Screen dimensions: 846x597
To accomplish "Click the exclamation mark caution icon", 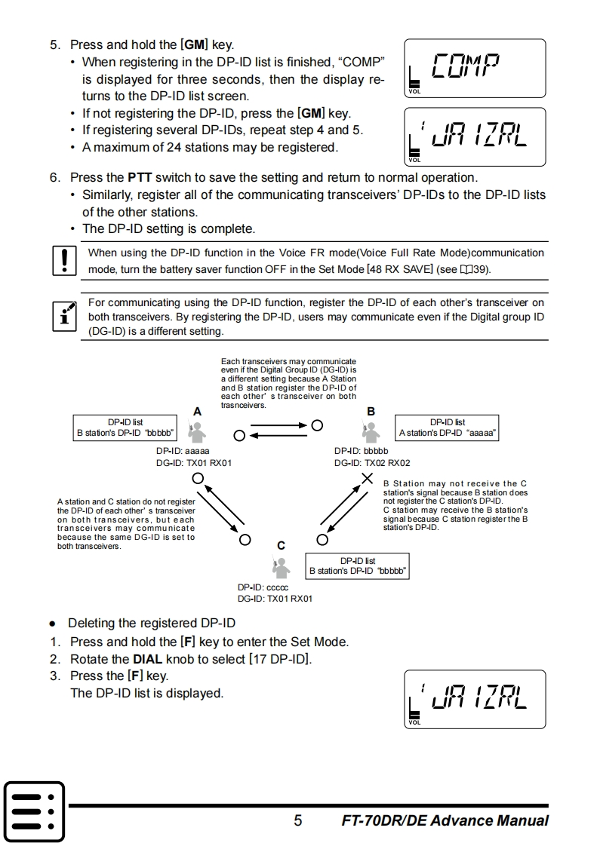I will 64,260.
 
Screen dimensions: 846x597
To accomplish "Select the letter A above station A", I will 197,412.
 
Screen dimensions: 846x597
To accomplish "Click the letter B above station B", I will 371,412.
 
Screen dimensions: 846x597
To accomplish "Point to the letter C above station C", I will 281,545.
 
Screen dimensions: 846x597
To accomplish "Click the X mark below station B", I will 368,478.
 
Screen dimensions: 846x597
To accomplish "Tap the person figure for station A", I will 197,431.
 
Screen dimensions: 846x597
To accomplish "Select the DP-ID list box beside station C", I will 358,566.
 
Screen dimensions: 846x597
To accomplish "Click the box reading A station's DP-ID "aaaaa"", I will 448,428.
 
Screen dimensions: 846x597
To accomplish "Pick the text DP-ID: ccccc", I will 263,587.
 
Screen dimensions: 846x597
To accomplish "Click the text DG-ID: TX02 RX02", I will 372,463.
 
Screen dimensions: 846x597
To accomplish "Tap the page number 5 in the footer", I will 298,820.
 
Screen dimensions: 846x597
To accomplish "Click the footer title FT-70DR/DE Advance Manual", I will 445,820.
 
